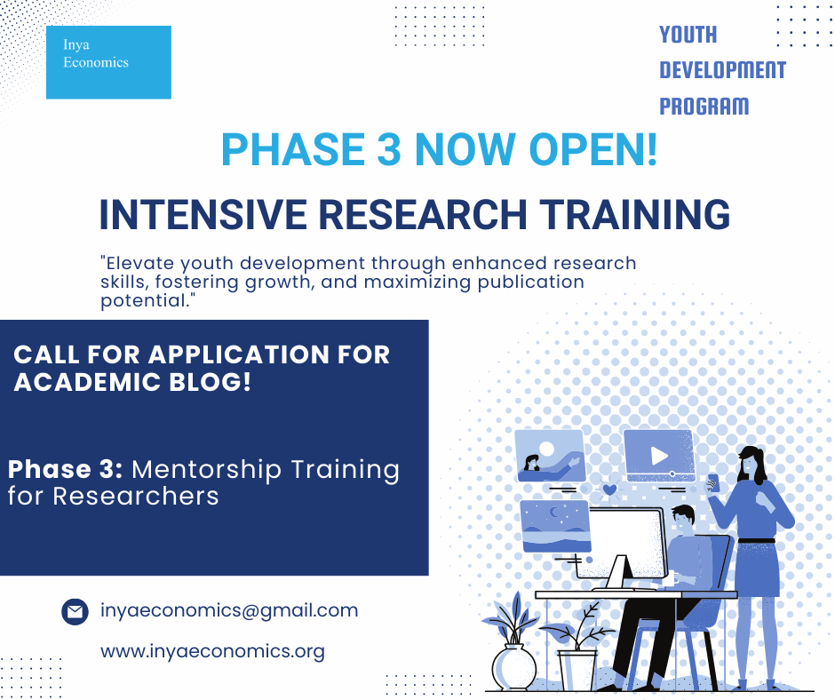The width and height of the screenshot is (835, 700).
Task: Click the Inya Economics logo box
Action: click(x=108, y=62)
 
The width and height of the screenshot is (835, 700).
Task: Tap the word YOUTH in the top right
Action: click(x=688, y=36)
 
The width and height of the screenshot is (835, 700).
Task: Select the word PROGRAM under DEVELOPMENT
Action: click(x=704, y=106)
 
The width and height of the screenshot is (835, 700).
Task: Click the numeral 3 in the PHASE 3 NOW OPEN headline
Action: click(x=388, y=149)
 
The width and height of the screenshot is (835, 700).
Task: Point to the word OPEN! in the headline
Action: click(x=593, y=149)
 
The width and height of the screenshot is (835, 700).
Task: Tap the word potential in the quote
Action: click(x=145, y=301)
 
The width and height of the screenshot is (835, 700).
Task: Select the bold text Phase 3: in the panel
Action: click(x=65, y=469)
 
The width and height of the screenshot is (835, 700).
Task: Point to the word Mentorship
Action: click(x=207, y=471)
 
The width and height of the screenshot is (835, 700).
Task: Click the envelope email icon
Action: click(x=76, y=611)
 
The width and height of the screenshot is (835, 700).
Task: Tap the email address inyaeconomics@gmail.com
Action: click(x=229, y=610)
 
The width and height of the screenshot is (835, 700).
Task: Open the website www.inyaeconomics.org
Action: click(x=212, y=651)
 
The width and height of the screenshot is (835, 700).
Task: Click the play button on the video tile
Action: click(x=659, y=456)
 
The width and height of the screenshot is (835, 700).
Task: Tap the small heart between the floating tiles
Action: click(x=609, y=489)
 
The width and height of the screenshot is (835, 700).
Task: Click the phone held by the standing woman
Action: click(x=713, y=482)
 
